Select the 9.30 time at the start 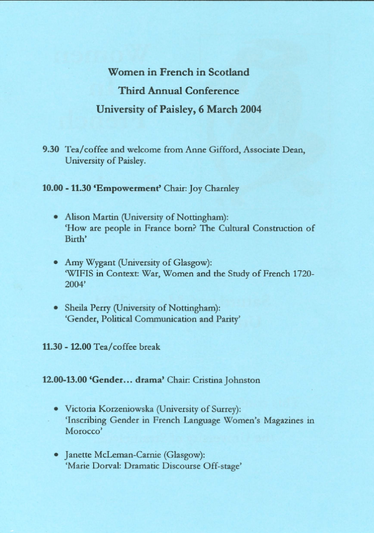[x=50, y=149]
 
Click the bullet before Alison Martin [x=55, y=217]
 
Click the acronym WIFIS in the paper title [x=79, y=273]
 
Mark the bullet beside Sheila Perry [x=55, y=308]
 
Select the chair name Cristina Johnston [x=226, y=380]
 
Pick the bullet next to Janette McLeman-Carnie [x=55, y=455]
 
